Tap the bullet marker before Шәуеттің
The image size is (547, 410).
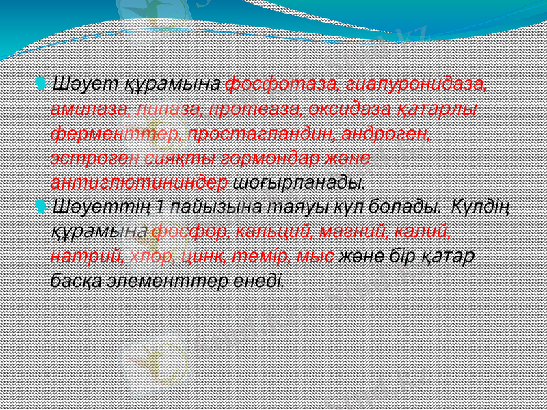tap(42, 205)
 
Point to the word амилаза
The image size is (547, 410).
tap(89, 109)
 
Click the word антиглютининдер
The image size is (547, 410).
tap(140, 182)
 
